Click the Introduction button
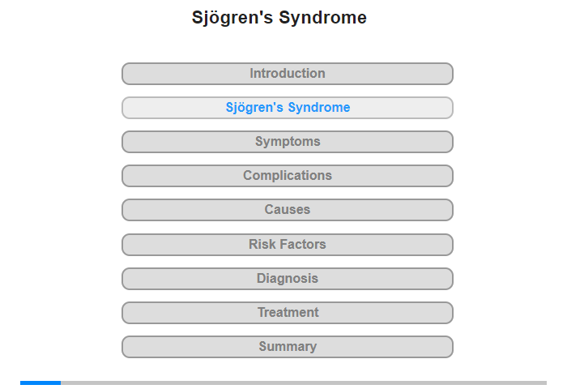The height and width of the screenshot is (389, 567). pos(288,74)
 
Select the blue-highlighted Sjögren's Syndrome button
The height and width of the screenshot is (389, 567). pos(288,108)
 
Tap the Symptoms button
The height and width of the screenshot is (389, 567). pos(288,142)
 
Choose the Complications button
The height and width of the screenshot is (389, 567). pos(288,176)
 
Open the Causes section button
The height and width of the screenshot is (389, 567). pos(288,210)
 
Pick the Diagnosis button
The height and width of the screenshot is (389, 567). pos(288,279)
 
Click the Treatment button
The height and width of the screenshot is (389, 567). pos(288,313)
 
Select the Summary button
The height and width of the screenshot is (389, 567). pos(288,347)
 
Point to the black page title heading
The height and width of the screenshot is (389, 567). pos(279,18)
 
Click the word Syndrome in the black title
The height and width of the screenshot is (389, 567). pos(323,18)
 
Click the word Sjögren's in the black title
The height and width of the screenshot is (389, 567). pos(232,18)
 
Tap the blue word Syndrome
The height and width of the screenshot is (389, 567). pos(319,108)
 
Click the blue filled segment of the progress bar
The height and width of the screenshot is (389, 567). pos(40,383)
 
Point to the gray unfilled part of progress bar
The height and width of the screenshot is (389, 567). pos(304,383)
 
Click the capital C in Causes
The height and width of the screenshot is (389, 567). pos(270,210)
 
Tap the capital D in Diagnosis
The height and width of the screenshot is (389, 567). pos(262,278)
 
